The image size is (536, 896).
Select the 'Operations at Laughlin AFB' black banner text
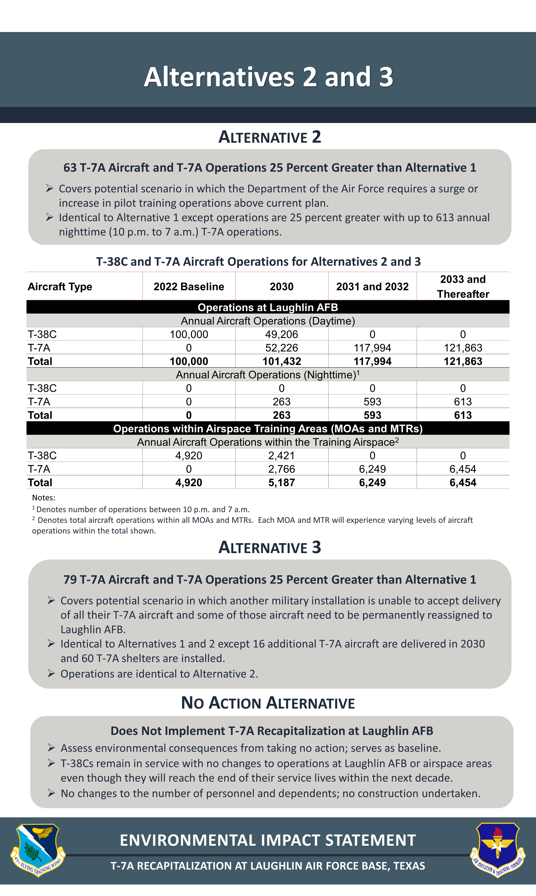pos(268,307)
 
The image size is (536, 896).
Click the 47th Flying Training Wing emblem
pos(37,849)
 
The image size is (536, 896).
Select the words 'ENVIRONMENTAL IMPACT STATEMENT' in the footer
pos(268,840)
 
